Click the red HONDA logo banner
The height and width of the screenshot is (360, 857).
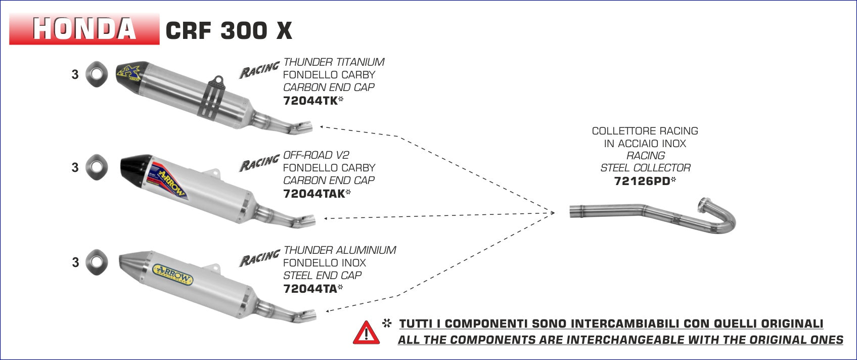[84, 29]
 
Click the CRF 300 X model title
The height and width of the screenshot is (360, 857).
[229, 31]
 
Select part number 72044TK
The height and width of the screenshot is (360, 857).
[310, 101]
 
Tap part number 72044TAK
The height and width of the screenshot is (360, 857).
[314, 194]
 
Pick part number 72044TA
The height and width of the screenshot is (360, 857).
[310, 289]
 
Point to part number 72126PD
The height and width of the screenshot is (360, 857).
[642, 181]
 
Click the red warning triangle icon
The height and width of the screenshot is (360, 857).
[366, 332]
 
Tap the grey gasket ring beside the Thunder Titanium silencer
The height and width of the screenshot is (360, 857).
[97, 74]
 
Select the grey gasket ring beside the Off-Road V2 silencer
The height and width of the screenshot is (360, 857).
[97, 167]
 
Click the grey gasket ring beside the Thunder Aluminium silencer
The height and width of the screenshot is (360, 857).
[97, 262]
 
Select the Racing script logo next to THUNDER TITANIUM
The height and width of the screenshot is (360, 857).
[259, 69]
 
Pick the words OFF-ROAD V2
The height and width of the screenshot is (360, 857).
[316, 155]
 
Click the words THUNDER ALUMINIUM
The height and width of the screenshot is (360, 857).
[340, 250]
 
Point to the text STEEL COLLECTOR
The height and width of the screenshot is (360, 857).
[646, 168]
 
